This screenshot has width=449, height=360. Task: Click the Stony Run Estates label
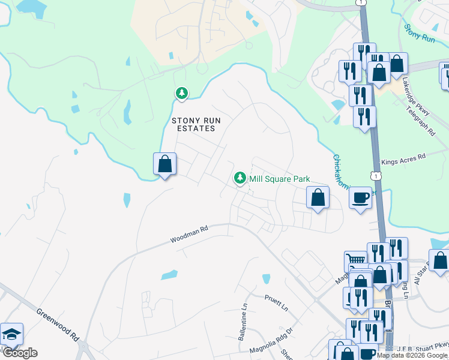196,124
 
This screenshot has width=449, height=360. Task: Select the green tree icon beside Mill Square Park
240,178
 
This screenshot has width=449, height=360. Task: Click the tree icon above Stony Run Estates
181,93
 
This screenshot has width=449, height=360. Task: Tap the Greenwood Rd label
58,324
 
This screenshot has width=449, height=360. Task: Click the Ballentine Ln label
243,322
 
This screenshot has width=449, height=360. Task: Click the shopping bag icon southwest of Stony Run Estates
164,163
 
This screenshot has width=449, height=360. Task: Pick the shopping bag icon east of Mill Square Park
318,197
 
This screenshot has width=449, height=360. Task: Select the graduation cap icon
11,334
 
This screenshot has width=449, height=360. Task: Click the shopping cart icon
355,261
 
